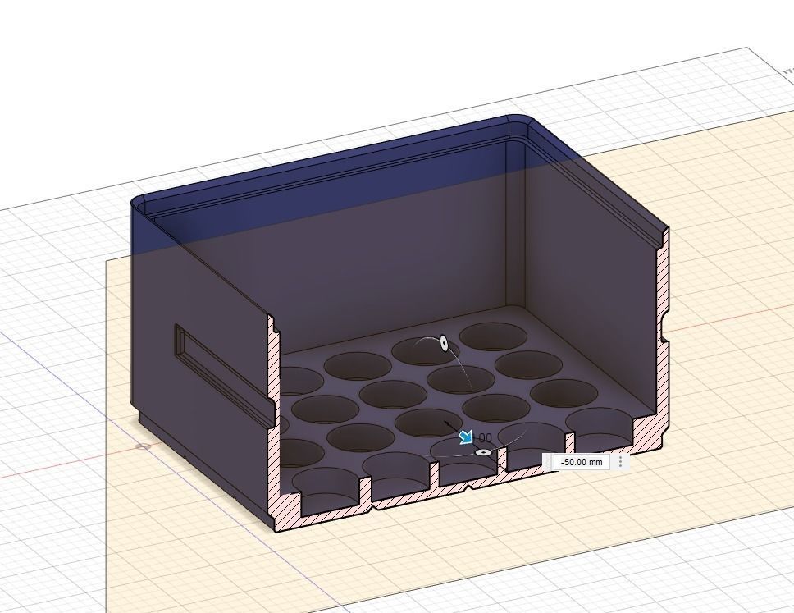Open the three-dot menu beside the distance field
coord(621,462)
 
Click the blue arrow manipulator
coord(466,437)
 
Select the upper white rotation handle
coord(445,343)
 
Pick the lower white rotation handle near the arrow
coord(483,452)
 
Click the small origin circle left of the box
coord(144,446)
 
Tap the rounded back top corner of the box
coord(518,121)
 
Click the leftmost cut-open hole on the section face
coord(326,487)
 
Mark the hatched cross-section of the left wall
coord(274,410)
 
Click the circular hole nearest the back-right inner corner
coord(493,336)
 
